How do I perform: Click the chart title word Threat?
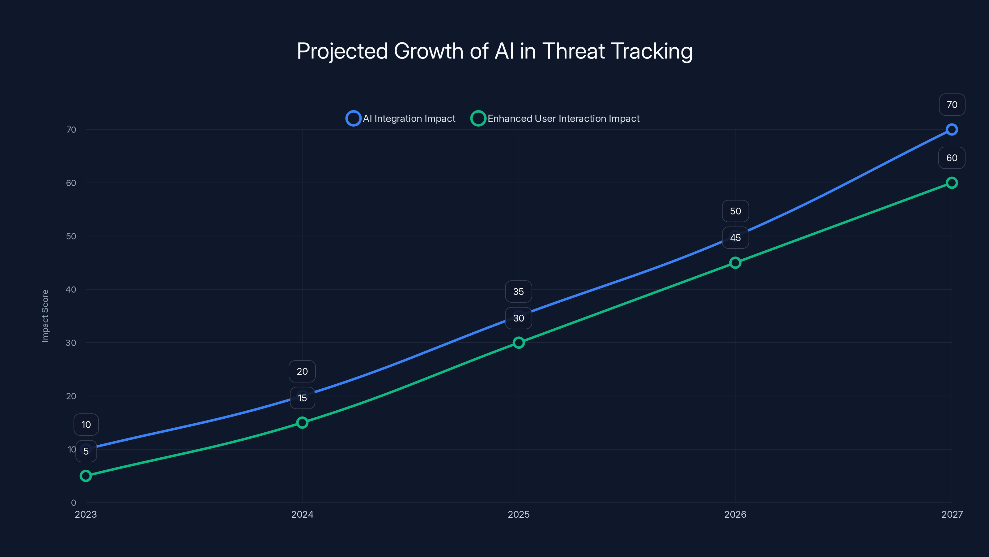pos(573,51)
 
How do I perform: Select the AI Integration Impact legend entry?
pos(401,119)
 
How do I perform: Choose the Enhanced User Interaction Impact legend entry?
pos(555,119)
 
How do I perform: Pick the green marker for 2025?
pos(519,343)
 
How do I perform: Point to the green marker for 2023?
pos(86,476)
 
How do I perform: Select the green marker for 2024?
pos(302,422)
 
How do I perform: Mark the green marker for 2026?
pos(735,262)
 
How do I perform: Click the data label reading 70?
pos(952,105)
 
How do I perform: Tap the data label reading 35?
pos(518,291)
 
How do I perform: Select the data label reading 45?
pos(735,238)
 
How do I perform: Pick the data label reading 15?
pos(302,398)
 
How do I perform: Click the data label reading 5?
pos(86,451)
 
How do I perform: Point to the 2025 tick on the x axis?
pos(519,514)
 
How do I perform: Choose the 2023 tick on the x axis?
pos(86,514)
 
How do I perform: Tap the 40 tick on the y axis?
pos(71,289)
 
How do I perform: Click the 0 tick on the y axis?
pos(73,503)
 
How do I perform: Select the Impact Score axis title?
pos(45,316)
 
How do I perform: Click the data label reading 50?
pos(735,211)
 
